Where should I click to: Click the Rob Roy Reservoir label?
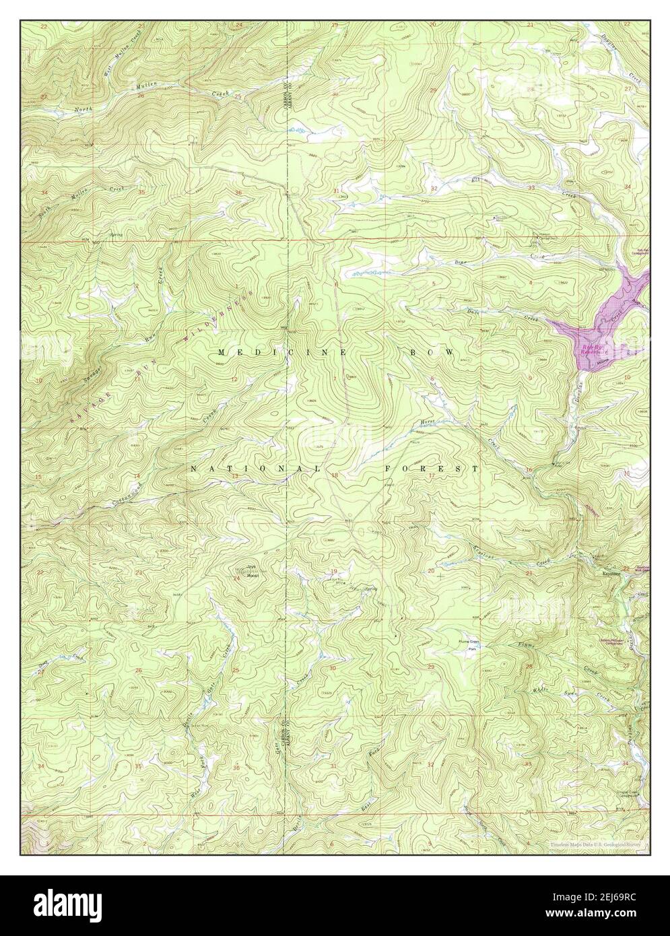(x=595, y=350)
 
